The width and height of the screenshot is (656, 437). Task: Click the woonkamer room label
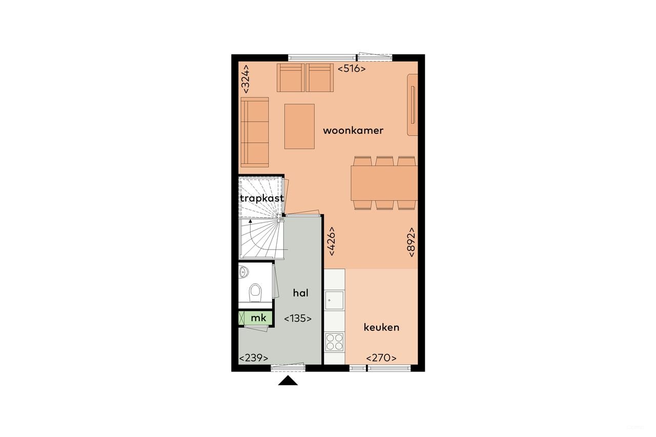(x=353, y=131)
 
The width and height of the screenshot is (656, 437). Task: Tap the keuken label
(x=381, y=327)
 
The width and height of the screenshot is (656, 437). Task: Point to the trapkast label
(x=261, y=198)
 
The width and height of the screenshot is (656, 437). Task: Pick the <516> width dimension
(x=352, y=69)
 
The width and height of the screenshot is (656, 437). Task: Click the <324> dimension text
(x=246, y=78)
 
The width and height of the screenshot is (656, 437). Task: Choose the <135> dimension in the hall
(x=298, y=318)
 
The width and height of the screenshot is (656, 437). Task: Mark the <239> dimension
(x=254, y=358)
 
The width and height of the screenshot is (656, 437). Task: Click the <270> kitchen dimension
(x=381, y=358)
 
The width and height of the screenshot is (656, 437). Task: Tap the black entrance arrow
(x=288, y=380)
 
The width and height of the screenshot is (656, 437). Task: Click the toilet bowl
(x=255, y=293)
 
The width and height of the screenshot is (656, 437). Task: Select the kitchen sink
(x=334, y=300)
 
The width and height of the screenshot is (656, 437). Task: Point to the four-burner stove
(x=334, y=342)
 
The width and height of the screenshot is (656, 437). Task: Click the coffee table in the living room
(x=299, y=126)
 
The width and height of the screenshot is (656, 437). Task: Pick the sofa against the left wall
(x=254, y=132)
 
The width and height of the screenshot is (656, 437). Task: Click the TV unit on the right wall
(x=413, y=105)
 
